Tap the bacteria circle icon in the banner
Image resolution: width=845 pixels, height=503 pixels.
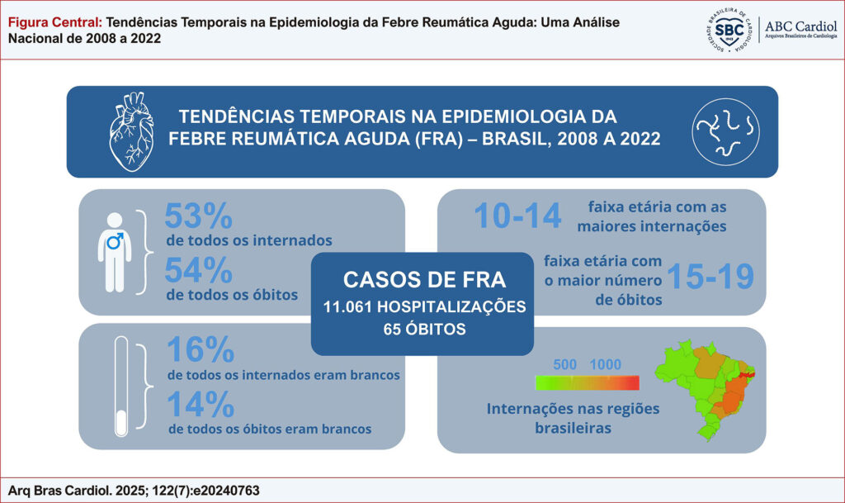click(725, 131)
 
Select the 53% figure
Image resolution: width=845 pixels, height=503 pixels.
click(198, 217)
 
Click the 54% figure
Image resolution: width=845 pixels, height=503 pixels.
click(198, 270)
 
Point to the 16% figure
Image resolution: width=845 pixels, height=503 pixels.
click(201, 350)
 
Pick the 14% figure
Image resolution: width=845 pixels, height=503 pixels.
click(201, 405)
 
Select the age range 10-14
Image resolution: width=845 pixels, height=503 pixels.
click(517, 216)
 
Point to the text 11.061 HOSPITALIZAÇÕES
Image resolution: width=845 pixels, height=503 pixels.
click(423, 307)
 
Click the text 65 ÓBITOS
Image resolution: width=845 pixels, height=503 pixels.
click(422, 329)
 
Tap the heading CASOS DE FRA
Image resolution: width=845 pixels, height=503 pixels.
click(422, 279)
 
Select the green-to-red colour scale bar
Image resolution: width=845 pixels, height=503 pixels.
click(587, 382)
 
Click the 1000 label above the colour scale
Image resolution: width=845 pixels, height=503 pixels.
click(606, 364)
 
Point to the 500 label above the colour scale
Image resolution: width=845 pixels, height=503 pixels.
click(565, 364)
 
